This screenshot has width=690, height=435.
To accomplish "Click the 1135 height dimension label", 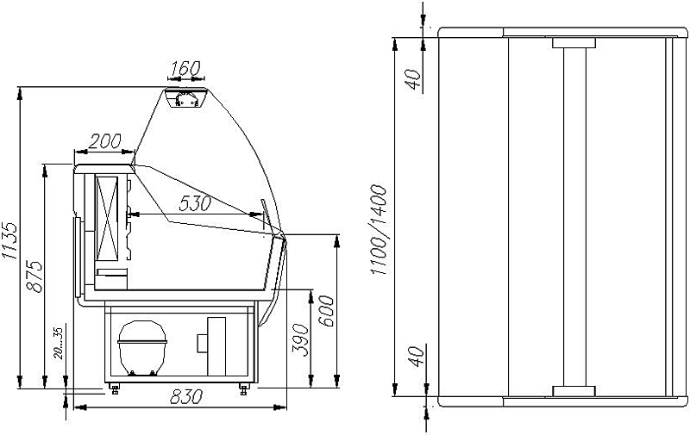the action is (9, 240).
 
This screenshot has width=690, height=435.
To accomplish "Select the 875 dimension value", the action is (34, 277).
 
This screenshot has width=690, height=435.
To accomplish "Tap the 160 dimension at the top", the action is (185, 69).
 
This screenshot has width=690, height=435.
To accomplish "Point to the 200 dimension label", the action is (104, 141).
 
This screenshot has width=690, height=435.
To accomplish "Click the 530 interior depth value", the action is (195, 203).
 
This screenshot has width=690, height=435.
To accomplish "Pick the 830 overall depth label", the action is (186, 397).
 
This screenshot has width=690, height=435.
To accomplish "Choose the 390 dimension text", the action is (301, 339).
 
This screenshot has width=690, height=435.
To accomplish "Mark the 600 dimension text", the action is (327, 311).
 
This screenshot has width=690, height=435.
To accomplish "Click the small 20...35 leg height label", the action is (59, 343).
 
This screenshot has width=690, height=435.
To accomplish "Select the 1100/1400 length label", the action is (379, 230).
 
